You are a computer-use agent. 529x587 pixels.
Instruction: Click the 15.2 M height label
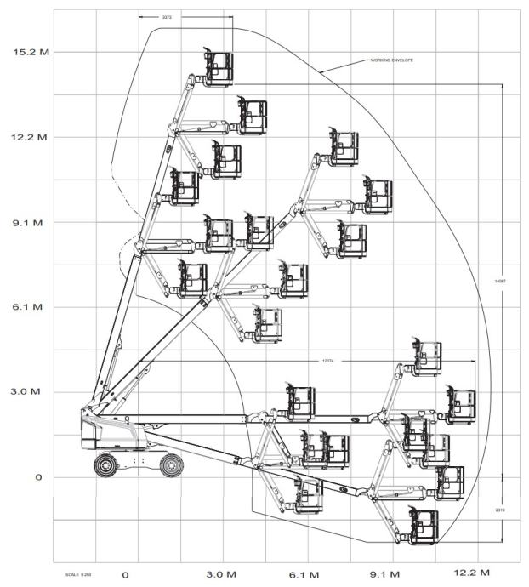coord(31,52)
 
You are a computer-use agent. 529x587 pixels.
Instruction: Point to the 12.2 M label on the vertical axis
coord(31,137)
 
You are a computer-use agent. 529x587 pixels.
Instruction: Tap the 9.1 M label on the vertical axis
coord(31,223)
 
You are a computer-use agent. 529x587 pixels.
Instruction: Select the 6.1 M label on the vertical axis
coord(31,307)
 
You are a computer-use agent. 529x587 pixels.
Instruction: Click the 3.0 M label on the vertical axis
coord(31,392)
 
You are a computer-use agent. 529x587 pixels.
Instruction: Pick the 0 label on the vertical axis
coord(38,477)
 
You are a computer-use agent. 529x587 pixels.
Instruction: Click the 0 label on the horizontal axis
coord(125,574)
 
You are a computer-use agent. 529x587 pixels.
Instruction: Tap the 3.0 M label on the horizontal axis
coord(220,574)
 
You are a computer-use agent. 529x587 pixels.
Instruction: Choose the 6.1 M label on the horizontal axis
coord(304,574)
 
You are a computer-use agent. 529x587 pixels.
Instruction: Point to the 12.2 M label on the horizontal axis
coord(473,574)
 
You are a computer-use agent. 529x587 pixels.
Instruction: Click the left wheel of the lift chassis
coord(105,465)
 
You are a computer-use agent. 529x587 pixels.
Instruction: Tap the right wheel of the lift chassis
coord(171,464)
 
